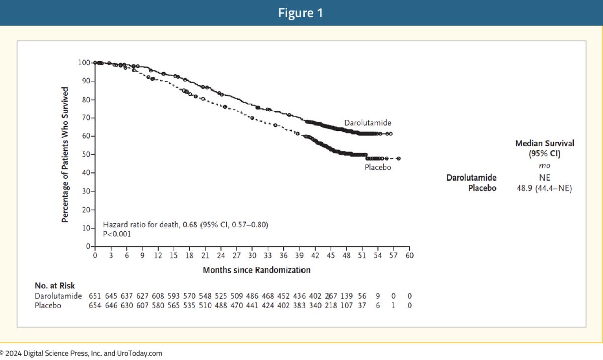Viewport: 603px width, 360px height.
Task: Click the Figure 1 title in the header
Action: click(301, 13)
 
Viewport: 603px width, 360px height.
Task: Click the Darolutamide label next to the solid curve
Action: click(367, 122)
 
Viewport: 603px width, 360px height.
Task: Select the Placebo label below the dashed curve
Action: click(377, 168)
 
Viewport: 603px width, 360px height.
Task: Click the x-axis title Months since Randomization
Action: click(256, 270)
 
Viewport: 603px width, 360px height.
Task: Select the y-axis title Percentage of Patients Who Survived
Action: click(65, 156)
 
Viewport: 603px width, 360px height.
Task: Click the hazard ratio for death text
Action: click(185, 224)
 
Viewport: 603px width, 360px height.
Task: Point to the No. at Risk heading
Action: click(55, 285)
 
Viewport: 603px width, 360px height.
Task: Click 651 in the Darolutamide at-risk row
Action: click(95, 296)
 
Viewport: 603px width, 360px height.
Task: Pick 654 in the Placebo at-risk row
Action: click(95, 305)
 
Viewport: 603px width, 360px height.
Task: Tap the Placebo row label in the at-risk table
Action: click(48, 305)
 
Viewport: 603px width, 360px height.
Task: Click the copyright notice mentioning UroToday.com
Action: click(81, 353)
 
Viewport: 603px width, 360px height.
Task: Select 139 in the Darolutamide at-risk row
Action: click(347, 296)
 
